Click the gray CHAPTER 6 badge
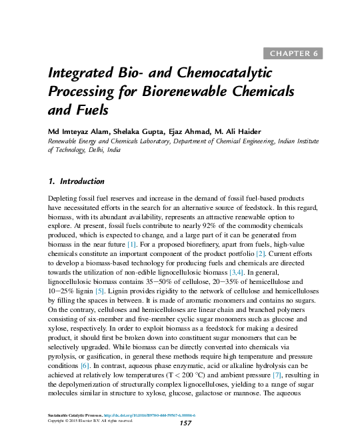[x=293, y=53]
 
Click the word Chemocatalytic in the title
[x=224, y=73]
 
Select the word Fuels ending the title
[x=92, y=110]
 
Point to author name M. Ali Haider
[x=238, y=132]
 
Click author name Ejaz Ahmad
[x=189, y=132]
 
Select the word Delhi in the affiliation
[x=96, y=150]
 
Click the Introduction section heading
[x=82, y=181]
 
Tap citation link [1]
[x=132, y=245]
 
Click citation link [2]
[x=260, y=254]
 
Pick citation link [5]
[x=100, y=291]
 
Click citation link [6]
[x=85, y=366]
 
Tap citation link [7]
[x=277, y=375]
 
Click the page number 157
[x=185, y=423]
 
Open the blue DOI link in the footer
[x=149, y=415]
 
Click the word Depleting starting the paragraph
[x=62, y=199]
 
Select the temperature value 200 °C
[x=193, y=375]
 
